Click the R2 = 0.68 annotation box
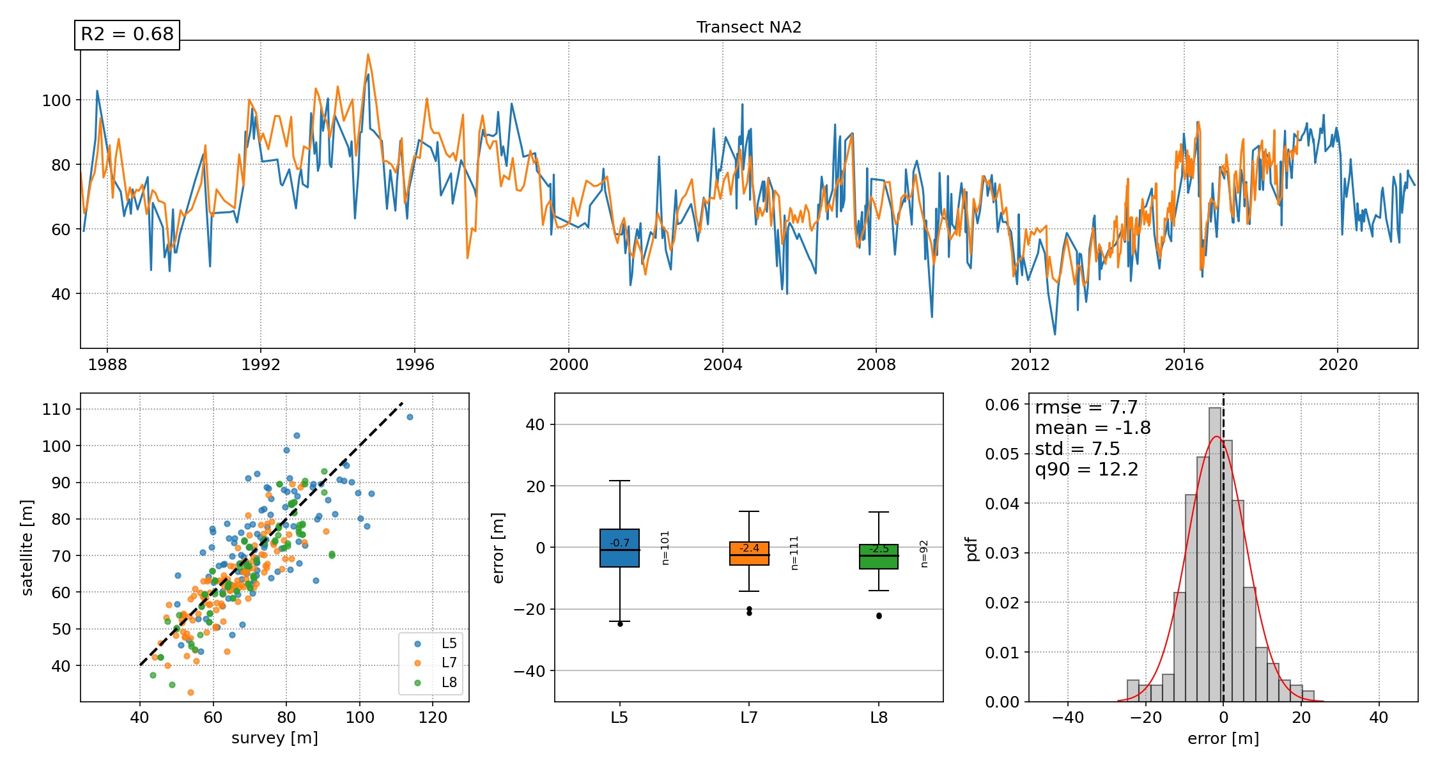click(x=127, y=34)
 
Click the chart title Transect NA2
click(x=748, y=27)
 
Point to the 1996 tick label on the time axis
click(x=415, y=365)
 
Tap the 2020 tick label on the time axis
click(x=1338, y=365)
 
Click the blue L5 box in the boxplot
click(x=619, y=548)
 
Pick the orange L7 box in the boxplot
click(x=749, y=554)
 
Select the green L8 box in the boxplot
click(x=879, y=557)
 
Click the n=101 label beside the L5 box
click(x=665, y=548)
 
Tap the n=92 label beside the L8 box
click(x=924, y=554)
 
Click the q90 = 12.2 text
click(x=1086, y=470)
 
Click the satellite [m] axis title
click(x=27, y=548)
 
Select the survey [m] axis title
click(x=275, y=738)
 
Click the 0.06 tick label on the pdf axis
click(x=1002, y=405)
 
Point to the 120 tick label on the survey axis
click(x=433, y=718)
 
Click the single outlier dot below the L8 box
click(x=879, y=616)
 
